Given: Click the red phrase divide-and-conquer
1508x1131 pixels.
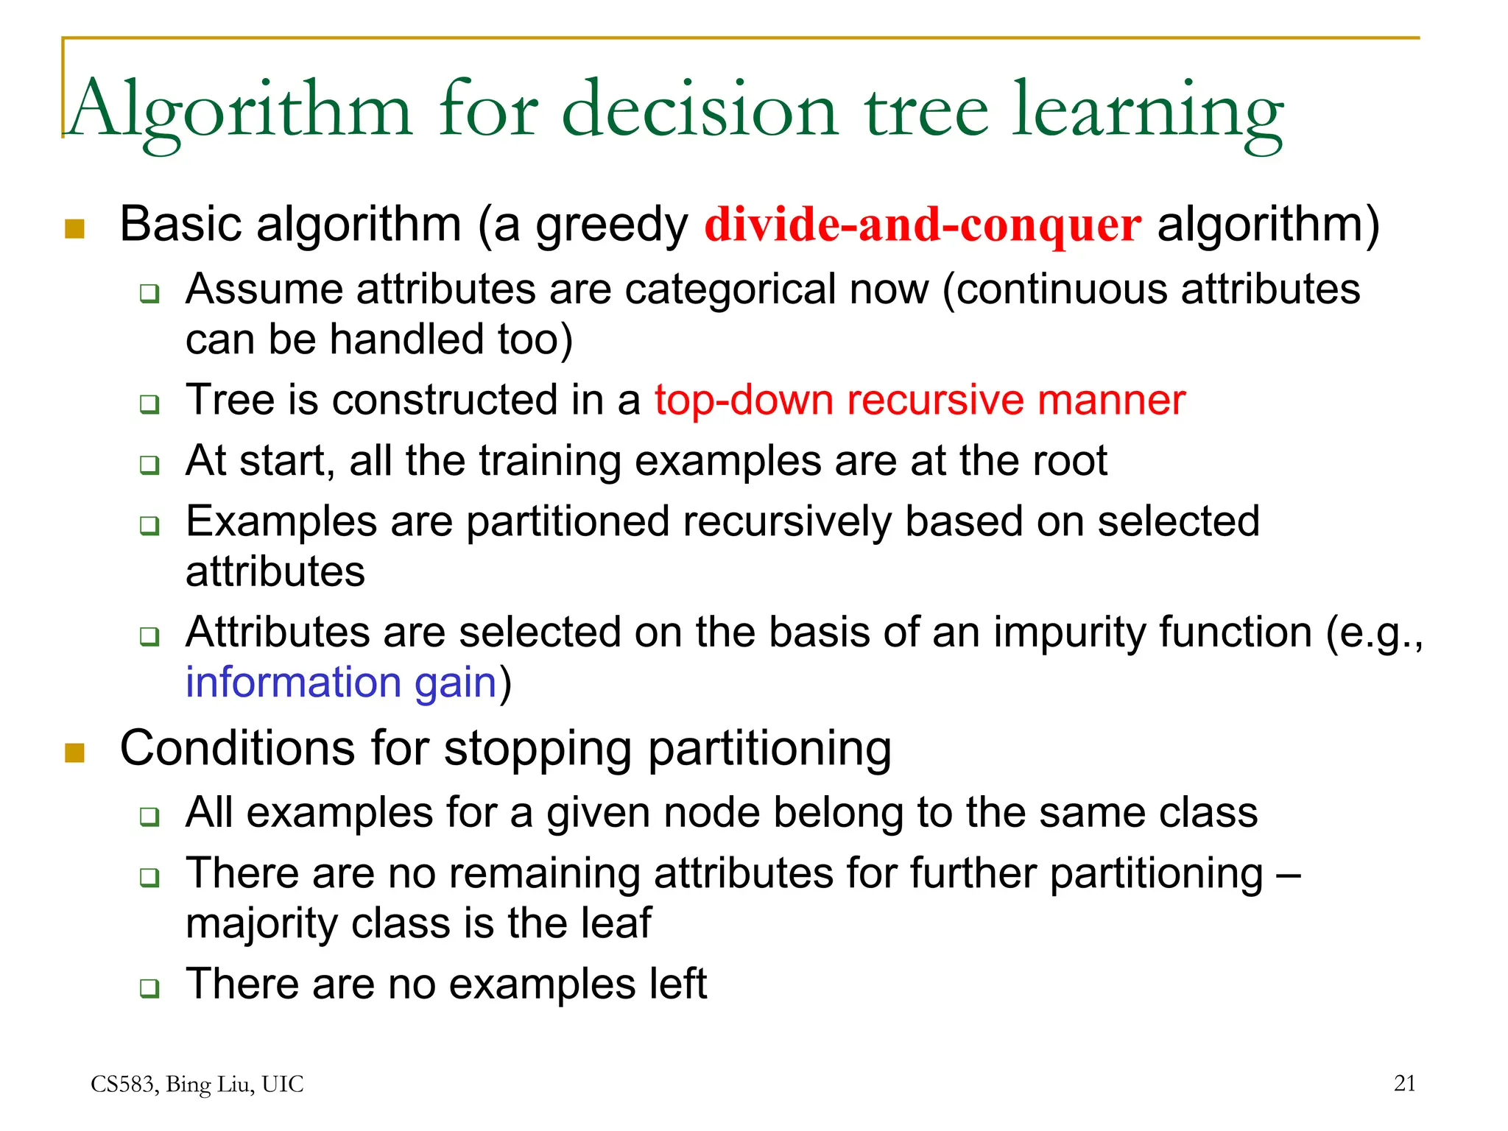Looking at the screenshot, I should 923,225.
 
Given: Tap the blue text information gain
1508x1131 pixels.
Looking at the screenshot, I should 341,683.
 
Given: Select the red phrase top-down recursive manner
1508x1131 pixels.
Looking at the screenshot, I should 920,401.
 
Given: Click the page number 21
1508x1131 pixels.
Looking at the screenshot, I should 1404,1083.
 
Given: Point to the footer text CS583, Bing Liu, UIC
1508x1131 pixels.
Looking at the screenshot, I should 197,1084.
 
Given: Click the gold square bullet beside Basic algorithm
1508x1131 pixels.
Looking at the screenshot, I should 75,229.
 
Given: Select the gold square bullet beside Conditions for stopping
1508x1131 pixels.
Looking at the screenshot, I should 75,753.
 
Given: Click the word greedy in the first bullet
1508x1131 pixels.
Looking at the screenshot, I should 611,226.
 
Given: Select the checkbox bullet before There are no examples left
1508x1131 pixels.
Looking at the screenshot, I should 149,987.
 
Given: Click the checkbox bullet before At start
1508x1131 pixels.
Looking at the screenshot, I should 149,465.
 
